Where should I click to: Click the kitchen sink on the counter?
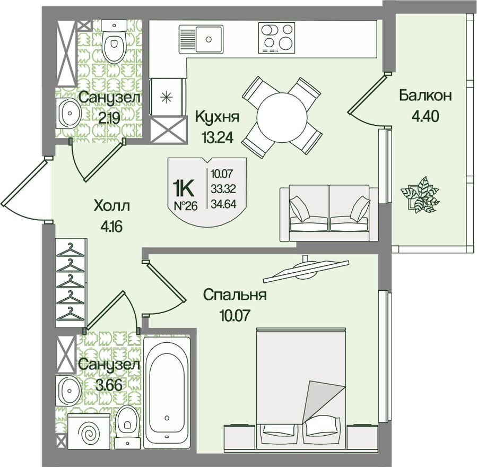201,39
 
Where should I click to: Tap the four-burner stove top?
276,38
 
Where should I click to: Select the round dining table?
281,117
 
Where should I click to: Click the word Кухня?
217,117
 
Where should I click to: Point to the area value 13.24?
217,138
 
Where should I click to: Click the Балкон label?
426,96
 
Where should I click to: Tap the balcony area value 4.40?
426,116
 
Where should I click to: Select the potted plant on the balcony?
420,195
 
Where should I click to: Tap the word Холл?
111,206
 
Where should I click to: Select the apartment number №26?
185,206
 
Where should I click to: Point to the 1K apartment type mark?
184,188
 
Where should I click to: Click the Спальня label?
235,295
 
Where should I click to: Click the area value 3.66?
109,385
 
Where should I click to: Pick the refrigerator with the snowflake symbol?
167,97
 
